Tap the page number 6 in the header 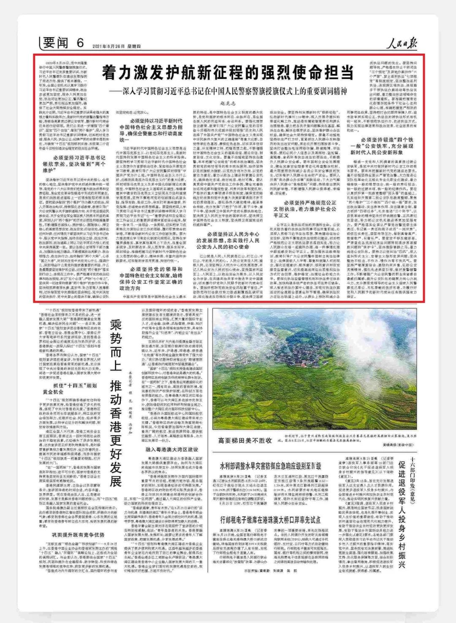point(81,43)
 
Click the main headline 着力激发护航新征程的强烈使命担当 point(227,73)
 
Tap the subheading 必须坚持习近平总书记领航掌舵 point(74,164)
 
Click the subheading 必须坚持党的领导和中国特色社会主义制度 point(156,278)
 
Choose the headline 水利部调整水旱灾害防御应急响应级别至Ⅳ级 point(270,465)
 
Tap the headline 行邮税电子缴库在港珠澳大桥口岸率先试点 point(270,519)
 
